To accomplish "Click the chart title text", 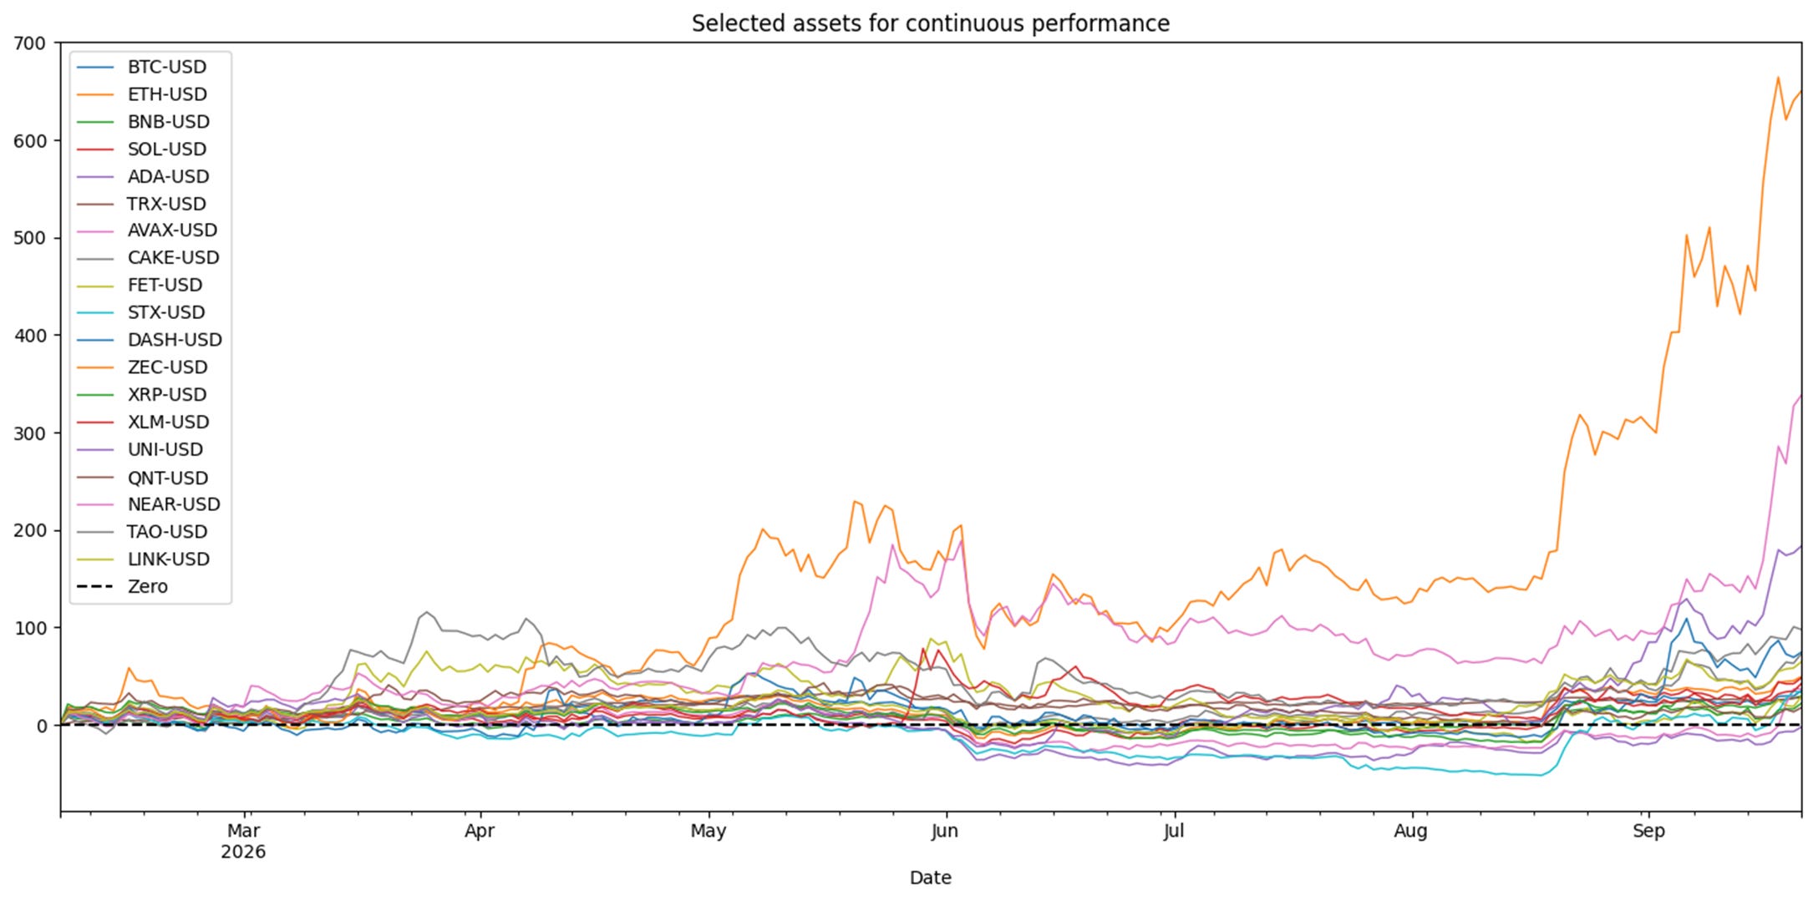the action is [930, 23].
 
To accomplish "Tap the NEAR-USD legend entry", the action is [148, 504].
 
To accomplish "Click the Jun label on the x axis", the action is [945, 832].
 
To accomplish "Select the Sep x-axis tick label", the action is [1648, 832].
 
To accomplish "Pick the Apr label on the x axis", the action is [480, 832].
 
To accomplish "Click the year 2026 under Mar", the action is [243, 853].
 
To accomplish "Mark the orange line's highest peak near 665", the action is [1778, 78].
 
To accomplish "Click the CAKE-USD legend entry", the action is [148, 258].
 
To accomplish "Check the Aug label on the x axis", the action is [1411, 832].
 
